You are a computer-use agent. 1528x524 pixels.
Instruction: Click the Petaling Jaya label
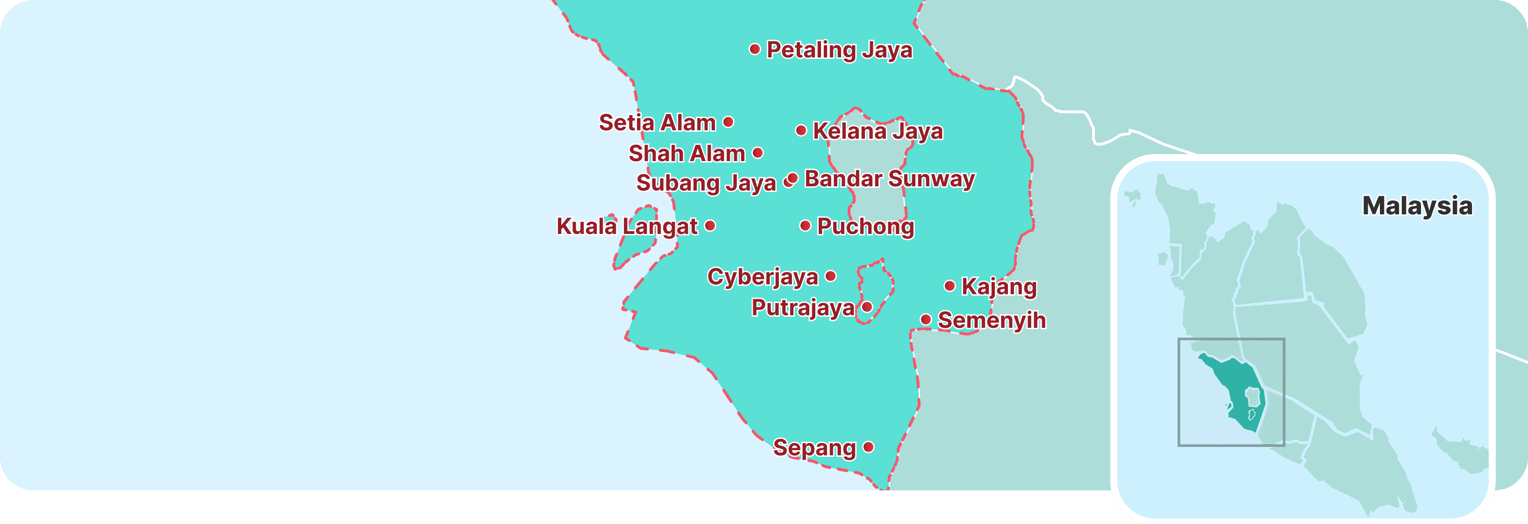pos(839,50)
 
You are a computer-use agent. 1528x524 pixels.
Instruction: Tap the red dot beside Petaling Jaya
pos(755,49)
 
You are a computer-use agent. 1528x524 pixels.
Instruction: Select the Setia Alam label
pos(657,123)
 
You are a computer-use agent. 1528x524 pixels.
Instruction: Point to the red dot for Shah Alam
pos(757,153)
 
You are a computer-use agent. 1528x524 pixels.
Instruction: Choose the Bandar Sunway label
pos(889,178)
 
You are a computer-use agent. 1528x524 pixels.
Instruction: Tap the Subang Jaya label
pos(706,183)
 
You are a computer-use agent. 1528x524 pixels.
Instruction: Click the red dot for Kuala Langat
pos(710,226)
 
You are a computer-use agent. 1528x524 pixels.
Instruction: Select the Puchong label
pos(865,226)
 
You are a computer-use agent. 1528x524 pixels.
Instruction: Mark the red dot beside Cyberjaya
pos(831,276)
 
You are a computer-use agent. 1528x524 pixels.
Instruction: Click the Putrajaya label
pos(803,308)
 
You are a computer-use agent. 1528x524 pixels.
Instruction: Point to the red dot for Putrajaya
pos(867,307)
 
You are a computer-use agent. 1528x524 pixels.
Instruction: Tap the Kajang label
pos(999,286)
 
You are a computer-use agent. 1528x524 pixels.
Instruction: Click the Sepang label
pos(814,447)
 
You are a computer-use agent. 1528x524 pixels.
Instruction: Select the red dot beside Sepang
pos(868,447)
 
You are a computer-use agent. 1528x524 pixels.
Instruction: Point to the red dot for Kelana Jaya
pos(801,130)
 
